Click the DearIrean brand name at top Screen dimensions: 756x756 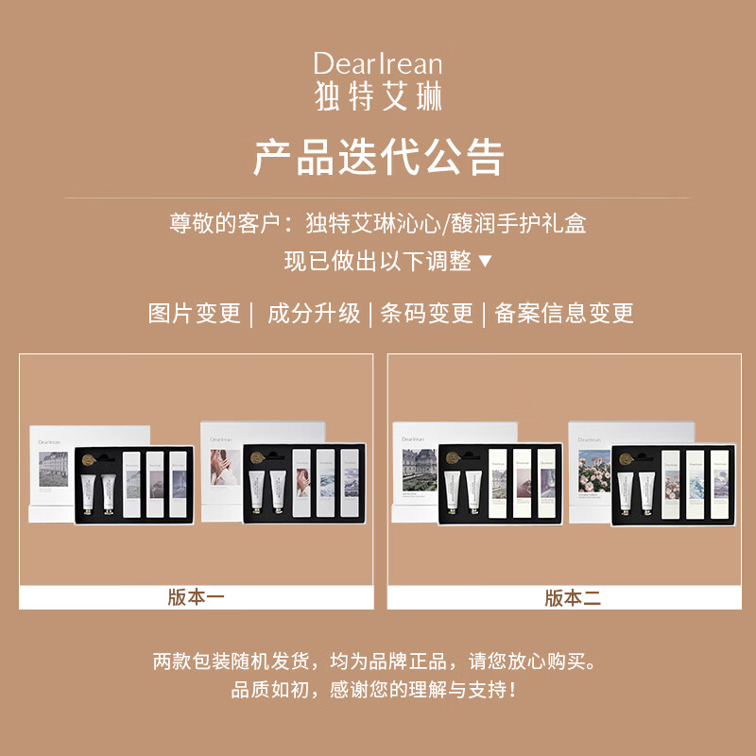tap(378, 63)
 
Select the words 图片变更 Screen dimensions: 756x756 tap(195, 314)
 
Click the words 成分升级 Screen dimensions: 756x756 tap(314, 314)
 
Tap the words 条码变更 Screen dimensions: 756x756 tap(426, 314)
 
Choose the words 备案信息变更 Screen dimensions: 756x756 tap(564, 314)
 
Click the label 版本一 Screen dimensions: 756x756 tap(196, 597)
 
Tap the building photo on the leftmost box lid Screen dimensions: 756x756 tap(60, 471)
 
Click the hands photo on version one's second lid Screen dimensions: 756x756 tap(228, 470)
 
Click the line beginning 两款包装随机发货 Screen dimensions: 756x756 tap(378, 661)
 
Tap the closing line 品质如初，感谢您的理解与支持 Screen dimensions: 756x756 tap(378, 690)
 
